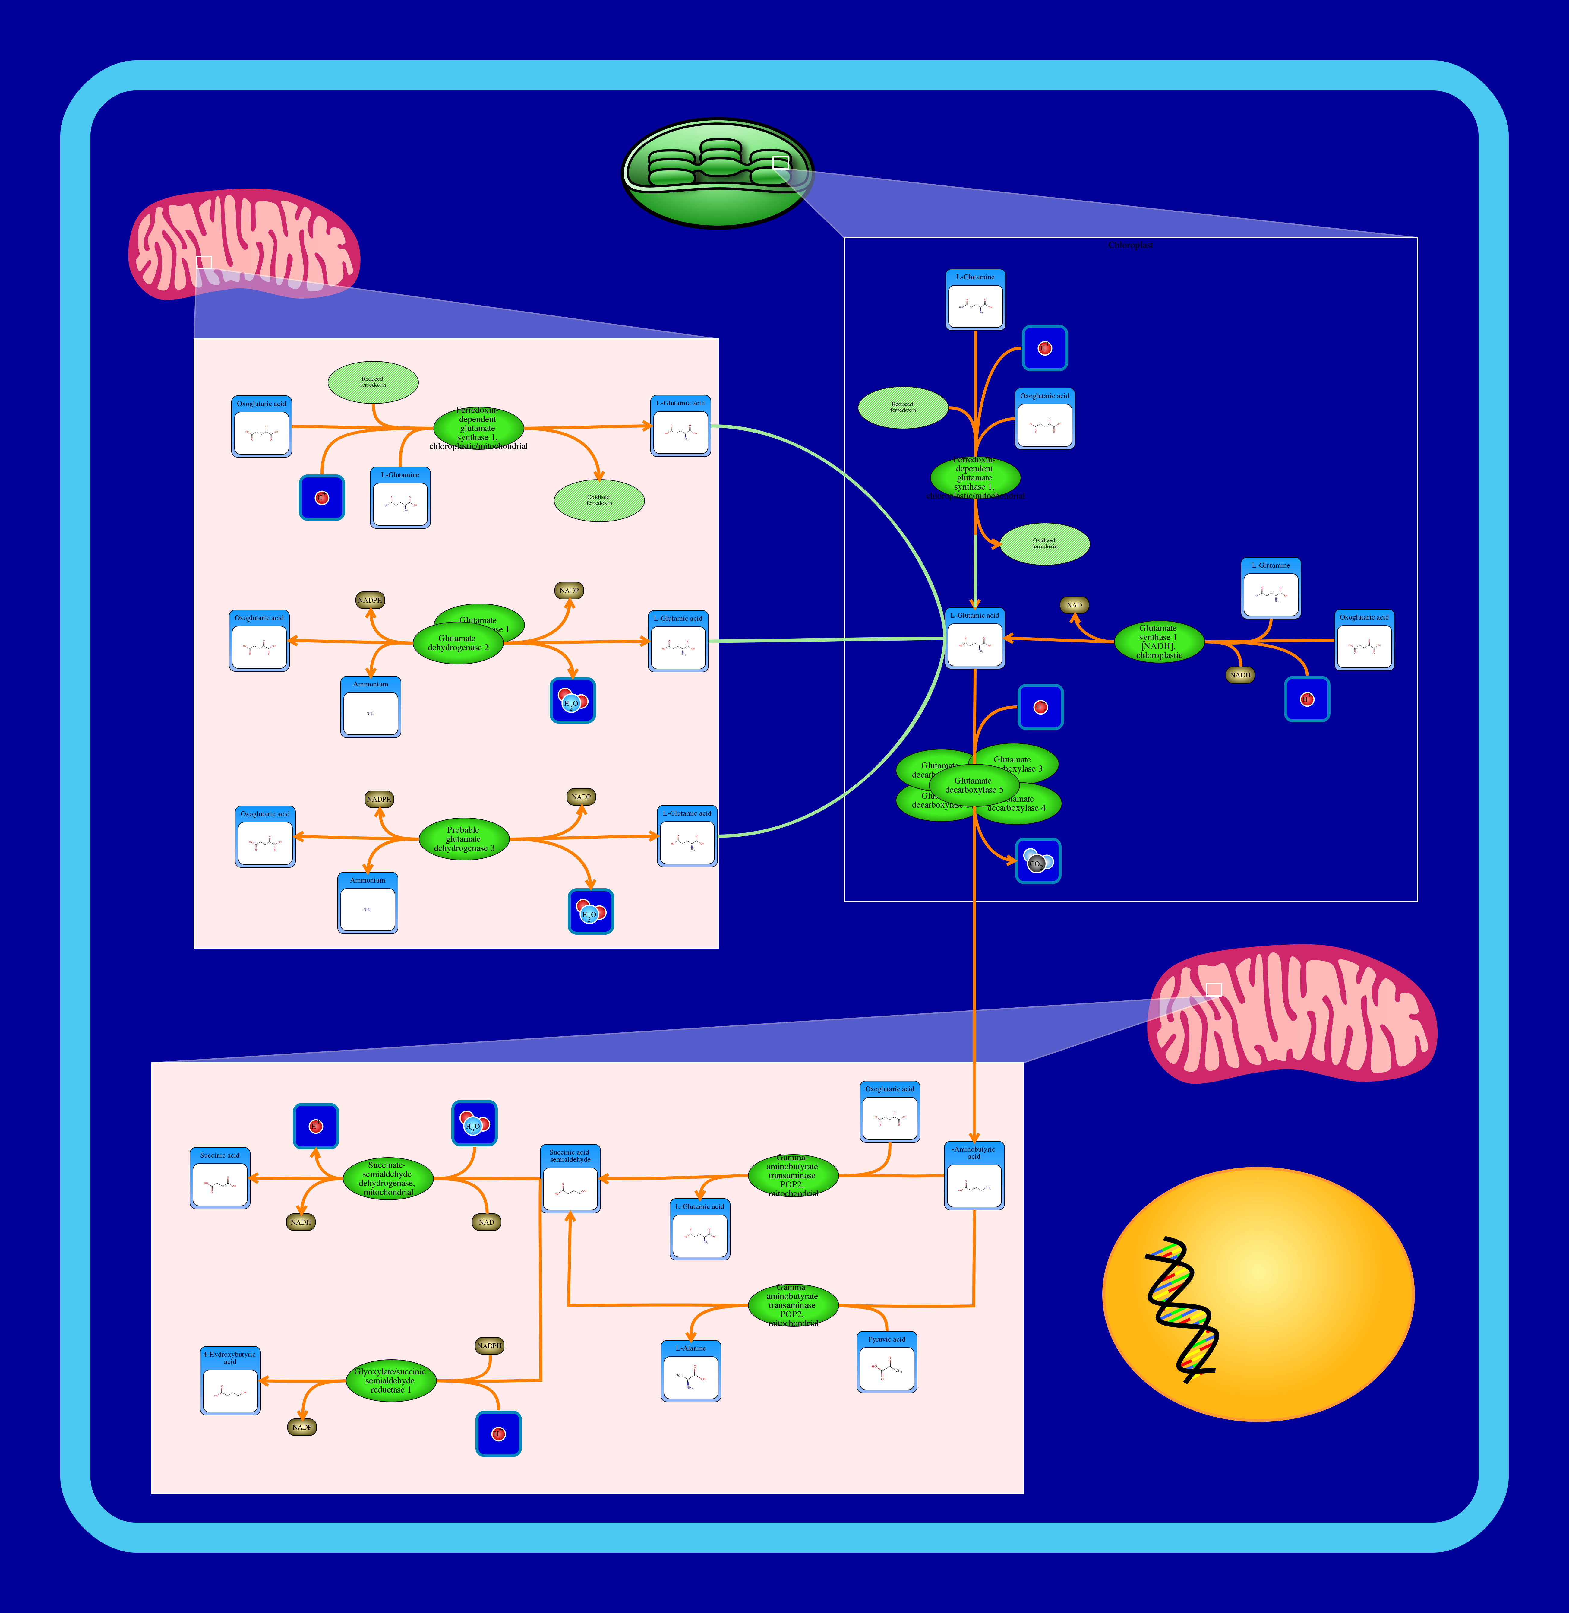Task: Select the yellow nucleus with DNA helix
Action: (1258, 1294)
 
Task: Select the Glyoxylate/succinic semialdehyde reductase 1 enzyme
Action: (391, 1380)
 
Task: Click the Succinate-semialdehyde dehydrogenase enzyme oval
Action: (387, 1179)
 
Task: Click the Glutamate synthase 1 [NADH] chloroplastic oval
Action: (1159, 641)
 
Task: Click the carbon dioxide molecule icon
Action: (1037, 861)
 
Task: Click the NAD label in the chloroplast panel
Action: (1074, 605)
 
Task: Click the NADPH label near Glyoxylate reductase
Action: (490, 1346)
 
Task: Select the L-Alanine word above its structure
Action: (690, 1348)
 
